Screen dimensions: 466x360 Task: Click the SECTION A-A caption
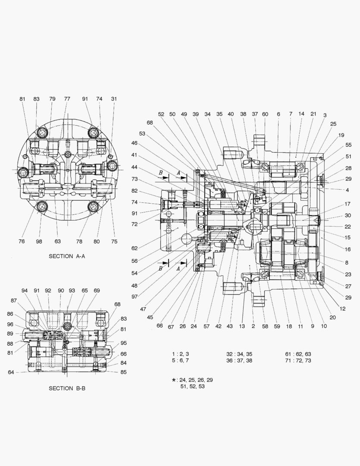[67, 256]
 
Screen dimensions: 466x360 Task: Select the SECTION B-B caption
[67, 388]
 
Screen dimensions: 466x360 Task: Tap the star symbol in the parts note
[174, 380]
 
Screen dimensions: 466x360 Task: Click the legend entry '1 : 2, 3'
[180, 354]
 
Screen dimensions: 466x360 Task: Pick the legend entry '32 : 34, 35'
[239, 354]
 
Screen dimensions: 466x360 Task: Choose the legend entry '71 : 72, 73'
[298, 360]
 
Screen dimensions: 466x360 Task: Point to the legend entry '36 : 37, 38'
[239, 360]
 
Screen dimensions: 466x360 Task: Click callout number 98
[39, 241]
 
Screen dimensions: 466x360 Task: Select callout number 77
[67, 99]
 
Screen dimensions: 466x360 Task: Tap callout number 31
[114, 99]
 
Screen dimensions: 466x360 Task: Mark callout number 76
[22, 241]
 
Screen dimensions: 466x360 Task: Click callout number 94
[25, 290]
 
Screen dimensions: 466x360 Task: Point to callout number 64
[11, 372]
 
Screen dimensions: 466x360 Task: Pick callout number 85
[124, 372]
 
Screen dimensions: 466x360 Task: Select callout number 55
[348, 145]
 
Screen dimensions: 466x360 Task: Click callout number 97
[135, 297]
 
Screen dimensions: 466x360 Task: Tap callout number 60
[265, 114]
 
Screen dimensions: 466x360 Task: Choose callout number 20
[332, 317]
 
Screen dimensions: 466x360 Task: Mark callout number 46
[135, 143]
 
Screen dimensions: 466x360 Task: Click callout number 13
[242, 326]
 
